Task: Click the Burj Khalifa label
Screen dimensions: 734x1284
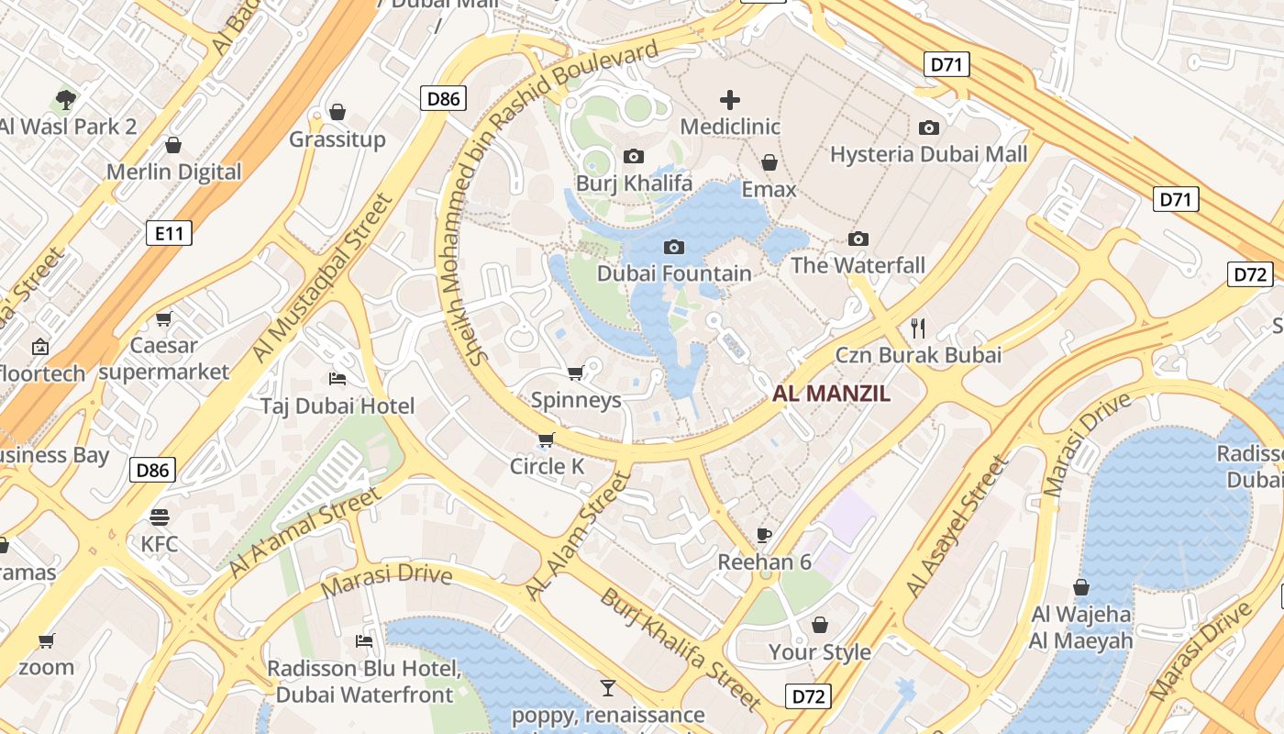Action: pos(634,183)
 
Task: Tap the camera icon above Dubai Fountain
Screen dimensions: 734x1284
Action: pos(673,247)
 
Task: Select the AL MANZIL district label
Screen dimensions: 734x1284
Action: pos(832,394)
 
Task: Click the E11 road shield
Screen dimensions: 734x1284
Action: pos(170,233)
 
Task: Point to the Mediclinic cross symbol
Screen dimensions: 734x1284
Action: pos(730,99)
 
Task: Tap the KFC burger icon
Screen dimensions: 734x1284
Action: pos(160,517)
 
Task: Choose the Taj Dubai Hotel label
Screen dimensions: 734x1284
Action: pos(338,406)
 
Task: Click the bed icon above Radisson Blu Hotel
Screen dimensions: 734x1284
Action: pos(364,640)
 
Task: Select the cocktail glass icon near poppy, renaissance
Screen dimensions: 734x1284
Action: pos(607,687)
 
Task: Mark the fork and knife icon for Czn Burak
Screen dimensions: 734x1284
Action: pos(918,328)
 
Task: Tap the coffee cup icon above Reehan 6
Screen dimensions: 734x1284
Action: pos(764,535)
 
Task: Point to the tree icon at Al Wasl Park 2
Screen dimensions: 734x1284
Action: pos(65,99)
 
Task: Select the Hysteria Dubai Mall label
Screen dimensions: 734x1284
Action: pos(929,154)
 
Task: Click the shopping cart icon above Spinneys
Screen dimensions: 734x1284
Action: pos(576,373)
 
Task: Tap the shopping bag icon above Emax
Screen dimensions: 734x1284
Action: pos(769,162)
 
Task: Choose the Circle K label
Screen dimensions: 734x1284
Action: pos(547,466)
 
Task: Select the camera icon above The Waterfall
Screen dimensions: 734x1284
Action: pos(858,239)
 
